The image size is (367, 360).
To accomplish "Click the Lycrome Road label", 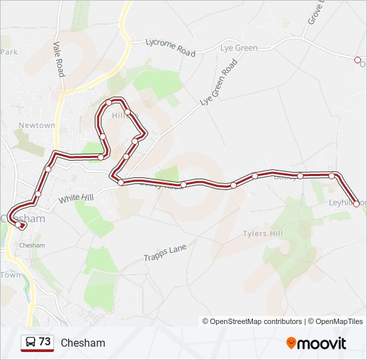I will point(171,47).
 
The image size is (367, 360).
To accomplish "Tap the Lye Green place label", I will point(239,48).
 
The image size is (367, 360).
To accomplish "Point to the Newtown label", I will point(37,125).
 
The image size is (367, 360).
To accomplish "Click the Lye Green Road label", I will point(219,83).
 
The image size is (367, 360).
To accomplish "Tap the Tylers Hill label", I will point(263,234).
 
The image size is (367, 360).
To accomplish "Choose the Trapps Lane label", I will point(164,253).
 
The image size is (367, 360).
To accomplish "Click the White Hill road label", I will point(77,197).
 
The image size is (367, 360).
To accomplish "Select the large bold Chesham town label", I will point(24,218).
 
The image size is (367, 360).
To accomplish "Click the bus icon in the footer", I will point(30,343).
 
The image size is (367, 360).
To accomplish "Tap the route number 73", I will point(45,342).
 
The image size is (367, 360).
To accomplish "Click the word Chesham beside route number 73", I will point(83,343).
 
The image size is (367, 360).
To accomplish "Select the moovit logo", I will point(316,343).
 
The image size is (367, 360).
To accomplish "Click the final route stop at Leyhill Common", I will point(356,204).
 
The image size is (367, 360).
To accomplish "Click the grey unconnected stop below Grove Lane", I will point(357,59).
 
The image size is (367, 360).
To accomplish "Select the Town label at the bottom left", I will point(10,275).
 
